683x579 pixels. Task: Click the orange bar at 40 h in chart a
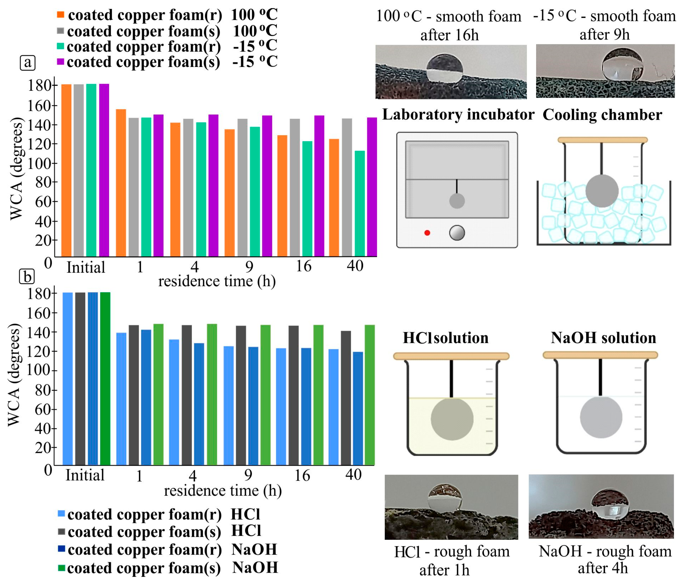click(x=334, y=198)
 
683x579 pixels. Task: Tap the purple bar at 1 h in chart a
click(x=159, y=186)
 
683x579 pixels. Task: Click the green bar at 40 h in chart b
click(x=370, y=395)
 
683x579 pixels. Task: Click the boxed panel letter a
click(x=27, y=62)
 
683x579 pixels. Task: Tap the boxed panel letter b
click(x=27, y=277)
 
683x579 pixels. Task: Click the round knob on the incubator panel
click(x=457, y=233)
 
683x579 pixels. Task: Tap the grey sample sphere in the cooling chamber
click(x=602, y=191)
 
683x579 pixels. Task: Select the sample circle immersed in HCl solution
click(x=452, y=419)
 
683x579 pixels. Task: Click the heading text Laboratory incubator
click(x=458, y=115)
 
